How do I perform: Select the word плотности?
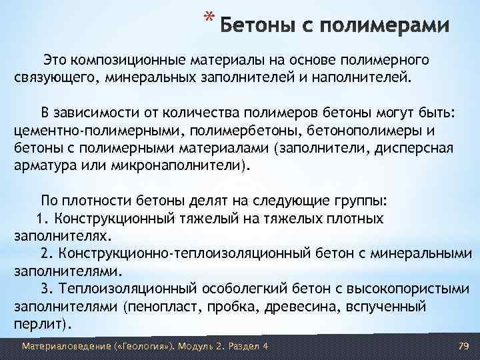pyautogui.click(x=101, y=201)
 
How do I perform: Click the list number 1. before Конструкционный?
pyautogui.click(x=45, y=219)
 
